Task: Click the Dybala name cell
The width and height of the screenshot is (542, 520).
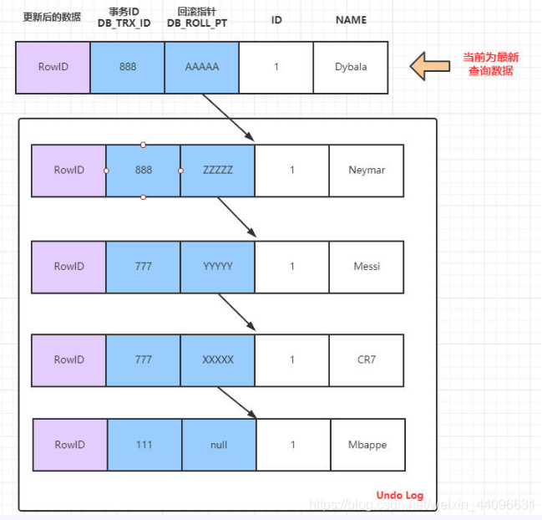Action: pos(351,67)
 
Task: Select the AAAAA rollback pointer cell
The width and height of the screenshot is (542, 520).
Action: pos(201,67)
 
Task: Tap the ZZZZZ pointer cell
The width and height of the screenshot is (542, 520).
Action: pos(217,171)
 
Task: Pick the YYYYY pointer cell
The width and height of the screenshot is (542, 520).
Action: pos(217,267)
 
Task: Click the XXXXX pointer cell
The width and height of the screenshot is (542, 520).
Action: pos(217,359)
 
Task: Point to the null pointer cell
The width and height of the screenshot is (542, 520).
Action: pos(219,445)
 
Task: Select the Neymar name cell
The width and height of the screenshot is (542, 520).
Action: pos(367,171)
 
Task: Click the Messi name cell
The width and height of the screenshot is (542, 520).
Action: pos(367,267)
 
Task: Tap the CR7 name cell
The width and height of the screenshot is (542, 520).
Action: pos(367,359)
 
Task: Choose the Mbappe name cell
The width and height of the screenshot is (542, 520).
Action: pos(367,445)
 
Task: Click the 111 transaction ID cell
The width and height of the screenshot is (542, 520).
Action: pos(144,445)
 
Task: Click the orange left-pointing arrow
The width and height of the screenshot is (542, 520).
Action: pos(430,66)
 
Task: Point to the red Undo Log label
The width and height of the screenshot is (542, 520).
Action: pos(399,495)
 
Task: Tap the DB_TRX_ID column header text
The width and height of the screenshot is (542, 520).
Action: pos(124,23)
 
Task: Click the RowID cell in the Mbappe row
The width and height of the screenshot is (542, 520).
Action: pos(70,445)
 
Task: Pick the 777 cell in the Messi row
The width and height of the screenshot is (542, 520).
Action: pos(143,267)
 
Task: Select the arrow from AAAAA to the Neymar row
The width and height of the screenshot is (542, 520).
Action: pos(228,117)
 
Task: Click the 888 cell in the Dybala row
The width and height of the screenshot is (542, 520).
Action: pos(127,67)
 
